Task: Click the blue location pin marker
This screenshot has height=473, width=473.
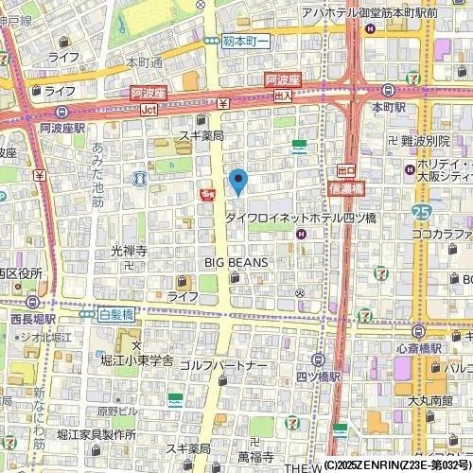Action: point(238,181)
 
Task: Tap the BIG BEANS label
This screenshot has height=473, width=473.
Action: point(236,262)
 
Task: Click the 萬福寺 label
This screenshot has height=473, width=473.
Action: point(255,456)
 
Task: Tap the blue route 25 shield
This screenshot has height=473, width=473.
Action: point(422,211)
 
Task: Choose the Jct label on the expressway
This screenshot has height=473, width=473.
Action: point(148,109)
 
